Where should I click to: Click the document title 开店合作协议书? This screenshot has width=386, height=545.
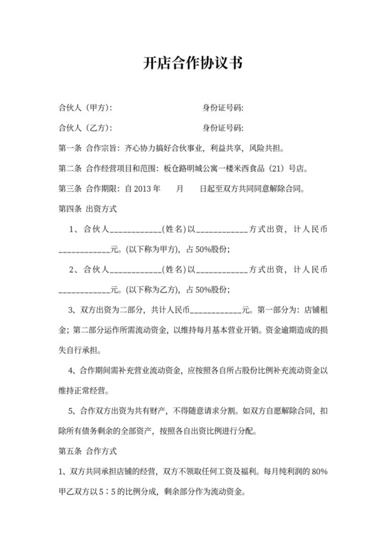click(192, 64)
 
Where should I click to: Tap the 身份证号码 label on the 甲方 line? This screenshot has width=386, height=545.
click(223, 108)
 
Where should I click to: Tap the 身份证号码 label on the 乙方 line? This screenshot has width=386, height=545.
click(223, 128)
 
